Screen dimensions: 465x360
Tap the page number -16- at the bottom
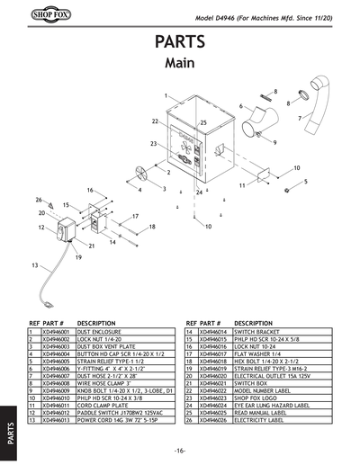coord(181,450)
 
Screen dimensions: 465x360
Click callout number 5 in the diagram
coord(306,181)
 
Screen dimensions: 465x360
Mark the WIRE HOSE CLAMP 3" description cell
coord(108,382)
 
